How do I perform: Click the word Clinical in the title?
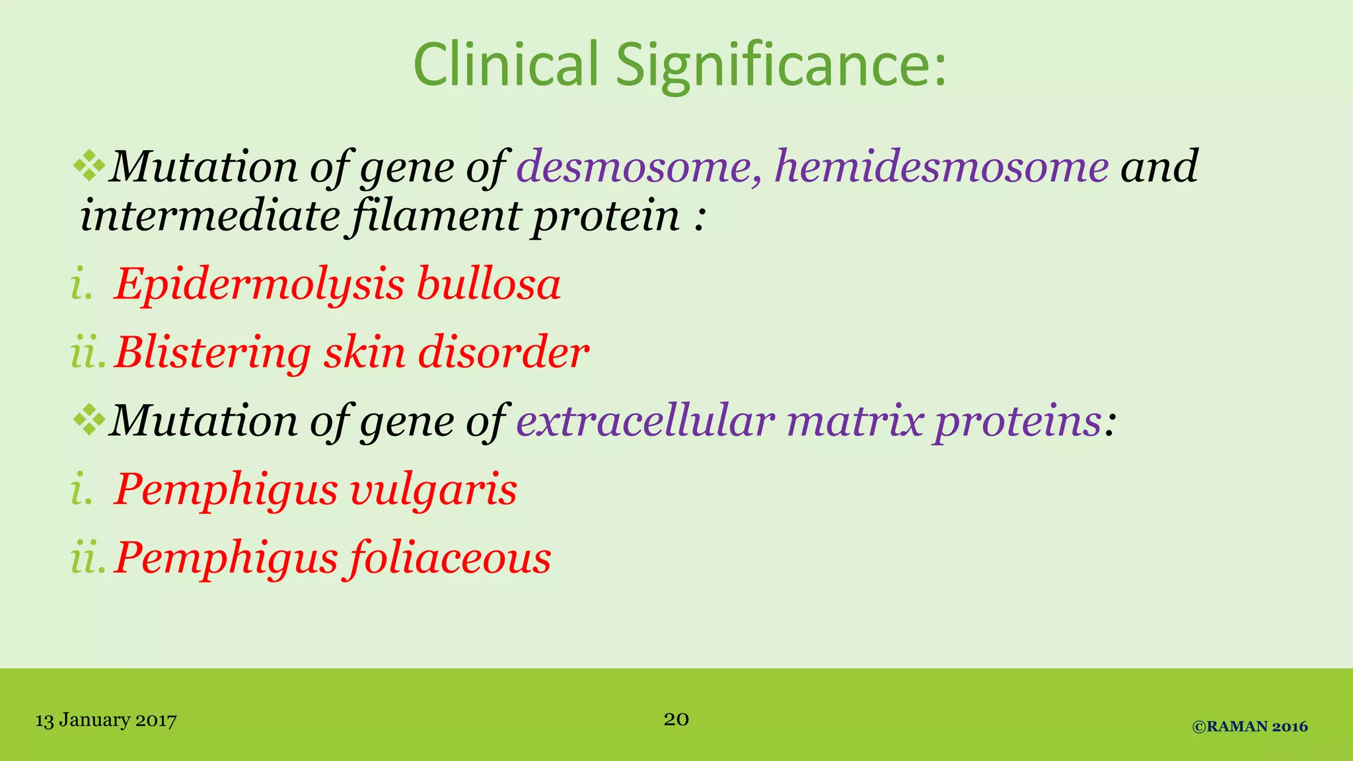505,64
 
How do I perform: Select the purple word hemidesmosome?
941,166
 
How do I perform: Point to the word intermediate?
209,216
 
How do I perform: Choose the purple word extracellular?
645,421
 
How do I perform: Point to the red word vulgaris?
433,490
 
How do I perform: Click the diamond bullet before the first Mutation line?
89,166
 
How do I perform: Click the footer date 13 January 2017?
106,720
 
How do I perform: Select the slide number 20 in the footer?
676,719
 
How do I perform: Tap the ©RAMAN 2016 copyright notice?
1250,727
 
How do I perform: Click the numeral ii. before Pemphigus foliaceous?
88,559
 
